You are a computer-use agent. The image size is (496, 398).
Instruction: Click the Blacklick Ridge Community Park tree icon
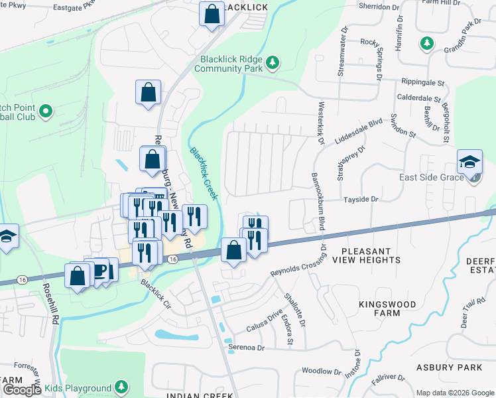click(x=272, y=62)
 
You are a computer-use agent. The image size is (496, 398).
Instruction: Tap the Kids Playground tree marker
click(x=121, y=387)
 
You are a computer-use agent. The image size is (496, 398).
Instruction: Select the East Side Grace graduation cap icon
click(x=469, y=161)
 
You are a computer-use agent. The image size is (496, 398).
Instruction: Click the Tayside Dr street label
click(x=360, y=199)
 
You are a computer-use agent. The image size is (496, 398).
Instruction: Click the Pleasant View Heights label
click(x=371, y=255)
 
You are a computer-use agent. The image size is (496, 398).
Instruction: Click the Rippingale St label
click(x=422, y=83)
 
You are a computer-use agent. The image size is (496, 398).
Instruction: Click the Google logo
click(x=21, y=390)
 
